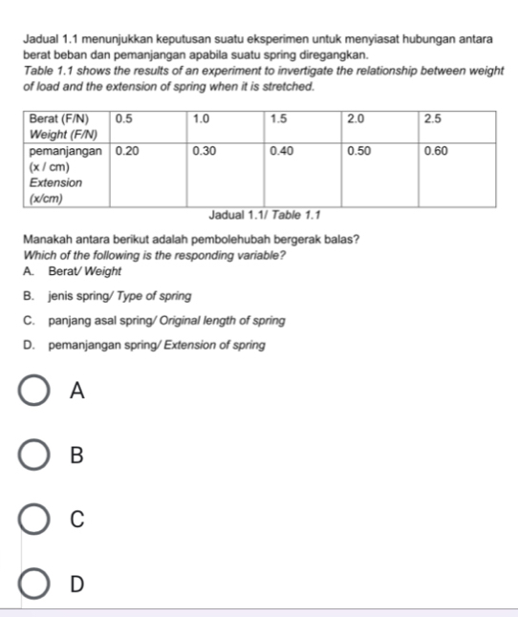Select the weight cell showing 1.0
tap(202, 119)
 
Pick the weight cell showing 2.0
tap(356, 119)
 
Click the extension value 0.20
tap(126, 151)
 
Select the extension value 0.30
tap(204, 151)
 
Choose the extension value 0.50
tap(358, 151)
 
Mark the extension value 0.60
tap(435, 151)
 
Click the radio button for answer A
tap(32, 391)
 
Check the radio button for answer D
tap(32, 583)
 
